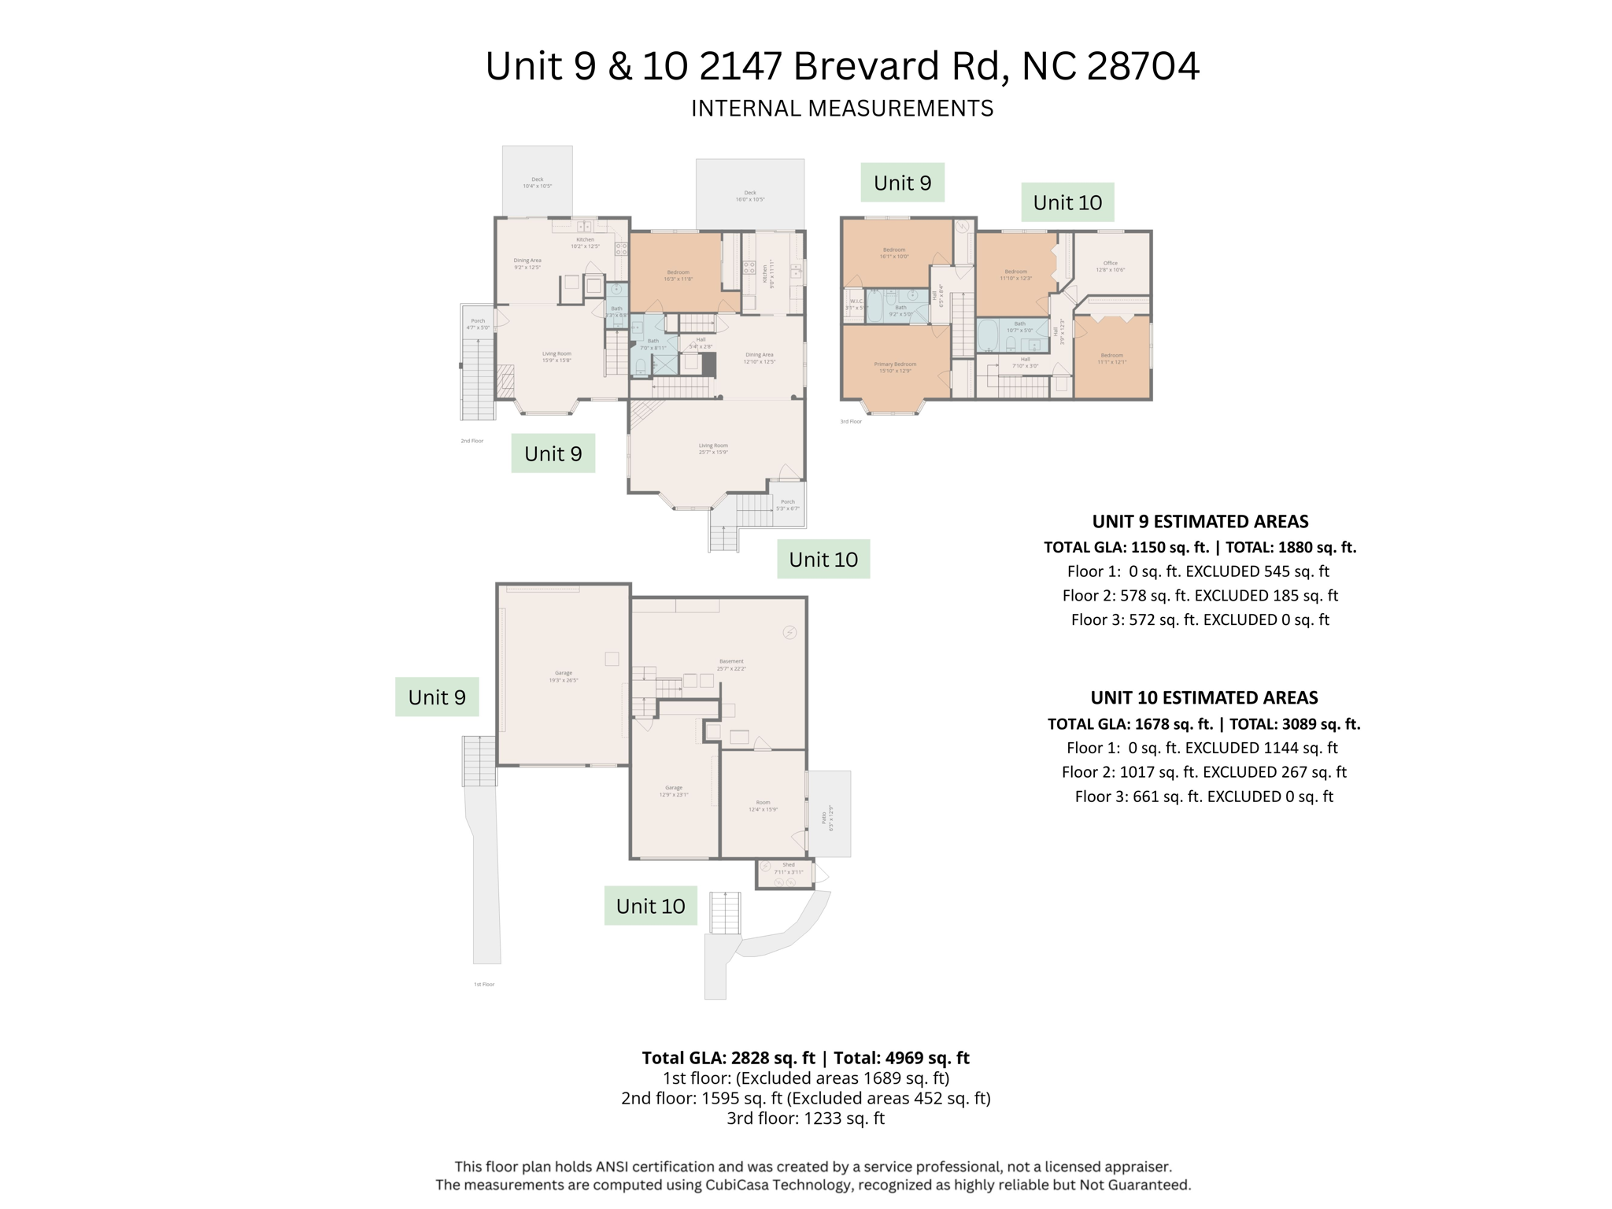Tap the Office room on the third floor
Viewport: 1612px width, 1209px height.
point(1110,266)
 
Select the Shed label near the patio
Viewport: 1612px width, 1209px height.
point(788,868)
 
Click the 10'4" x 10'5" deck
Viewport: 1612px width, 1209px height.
point(537,183)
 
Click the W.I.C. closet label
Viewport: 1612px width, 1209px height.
point(856,304)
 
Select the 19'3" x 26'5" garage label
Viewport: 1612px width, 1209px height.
point(563,676)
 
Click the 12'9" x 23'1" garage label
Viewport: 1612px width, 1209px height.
point(673,791)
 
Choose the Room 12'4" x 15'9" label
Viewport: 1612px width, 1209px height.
point(763,805)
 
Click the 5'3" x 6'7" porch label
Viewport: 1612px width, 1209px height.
point(787,505)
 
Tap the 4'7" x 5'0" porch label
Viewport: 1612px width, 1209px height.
point(478,324)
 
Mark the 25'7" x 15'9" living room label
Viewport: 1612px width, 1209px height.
point(713,449)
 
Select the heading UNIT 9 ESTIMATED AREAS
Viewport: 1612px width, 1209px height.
point(1200,521)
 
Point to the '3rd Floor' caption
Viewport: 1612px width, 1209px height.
point(850,422)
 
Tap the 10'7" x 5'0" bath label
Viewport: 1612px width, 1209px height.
point(1019,327)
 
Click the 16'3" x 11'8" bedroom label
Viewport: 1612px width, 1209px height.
point(678,275)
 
